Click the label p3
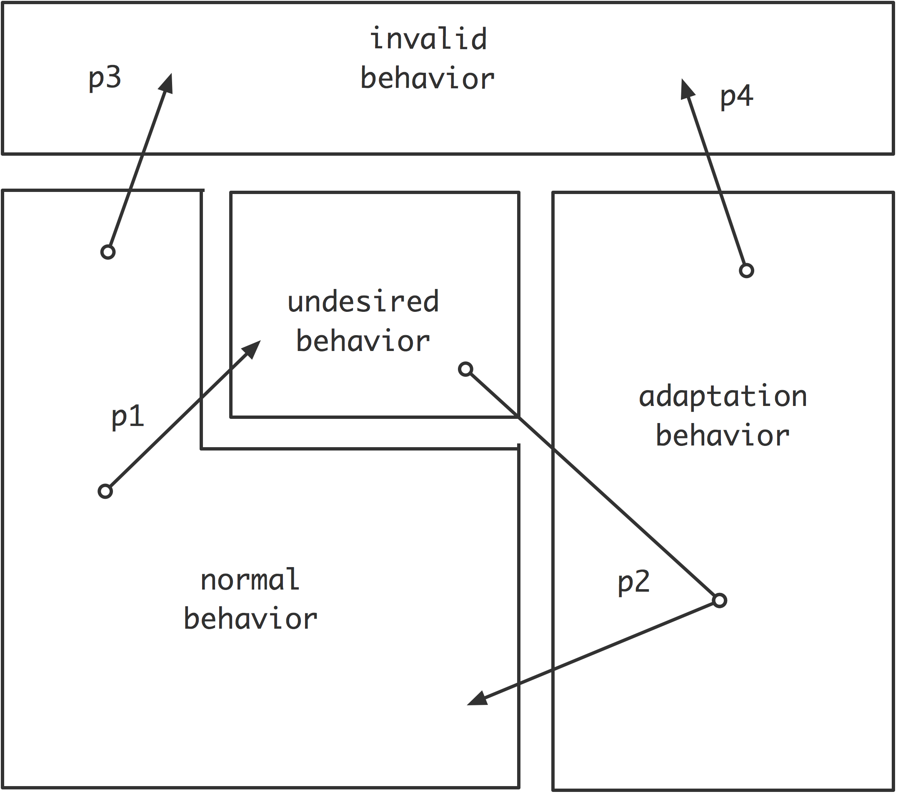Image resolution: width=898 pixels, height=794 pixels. (x=105, y=78)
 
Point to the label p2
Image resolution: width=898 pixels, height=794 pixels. (x=633, y=582)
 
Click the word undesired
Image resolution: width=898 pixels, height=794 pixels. (x=363, y=302)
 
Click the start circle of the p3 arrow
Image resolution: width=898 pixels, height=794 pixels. (x=108, y=252)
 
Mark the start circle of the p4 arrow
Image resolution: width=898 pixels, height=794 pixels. (x=746, y=270)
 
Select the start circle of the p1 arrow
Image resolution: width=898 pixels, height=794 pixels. (x=105, y=491)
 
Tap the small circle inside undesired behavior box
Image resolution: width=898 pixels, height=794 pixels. (x=466, y=369)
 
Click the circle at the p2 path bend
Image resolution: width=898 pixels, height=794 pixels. (x=719, y=600)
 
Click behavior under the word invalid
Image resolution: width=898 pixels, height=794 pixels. (x=428, y=79)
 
